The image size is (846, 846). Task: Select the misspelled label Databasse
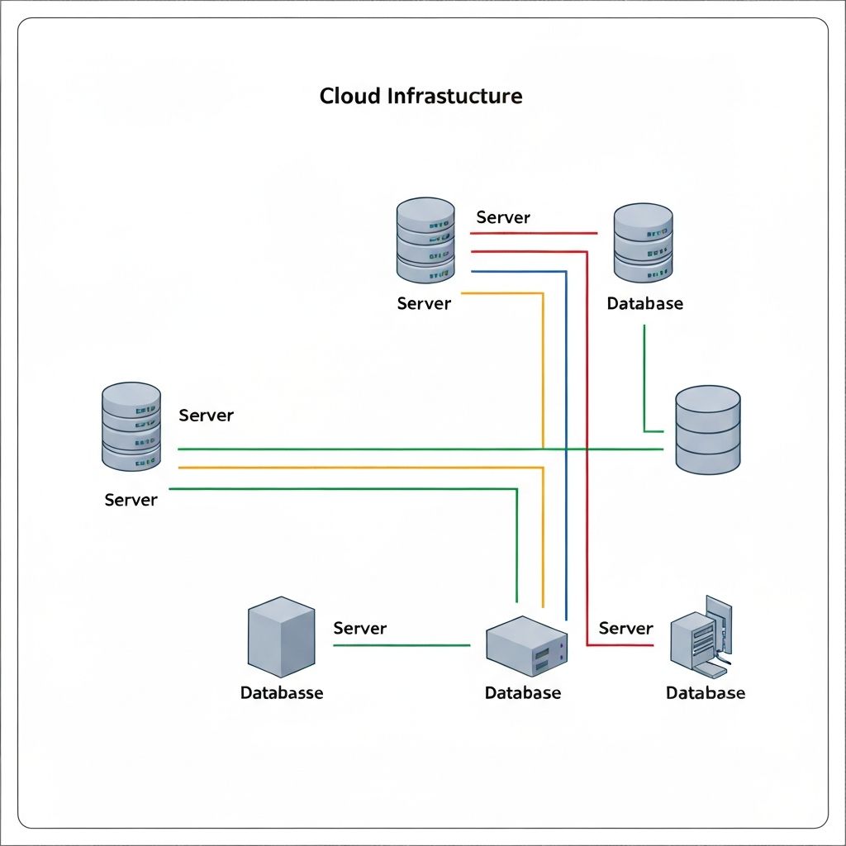[282, 692]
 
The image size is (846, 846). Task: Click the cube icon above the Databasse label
[281, 637]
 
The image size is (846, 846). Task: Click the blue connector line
[566, 446]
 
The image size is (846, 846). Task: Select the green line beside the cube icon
[402, 645]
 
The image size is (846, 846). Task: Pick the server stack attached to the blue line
[425, 240]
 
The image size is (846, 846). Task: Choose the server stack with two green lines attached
[131, 426]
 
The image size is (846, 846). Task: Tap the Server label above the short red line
[503, 217]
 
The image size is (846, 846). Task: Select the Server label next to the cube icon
[359, 628]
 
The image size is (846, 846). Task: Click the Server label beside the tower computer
[625, 628]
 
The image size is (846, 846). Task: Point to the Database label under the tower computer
[706, 692]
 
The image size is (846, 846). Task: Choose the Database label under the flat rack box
[522, 692]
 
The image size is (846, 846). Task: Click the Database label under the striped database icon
[644, 303]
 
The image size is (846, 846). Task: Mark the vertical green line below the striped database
[644, 376]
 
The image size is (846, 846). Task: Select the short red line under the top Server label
[534, 233]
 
